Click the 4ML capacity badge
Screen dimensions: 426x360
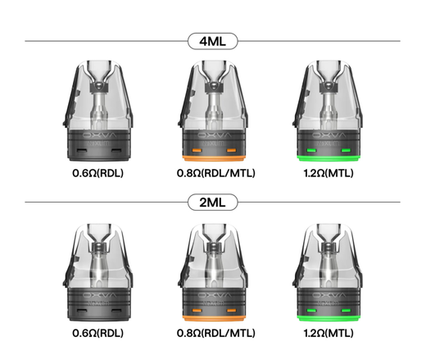click(213, 41)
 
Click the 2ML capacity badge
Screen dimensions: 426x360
click(213, 203)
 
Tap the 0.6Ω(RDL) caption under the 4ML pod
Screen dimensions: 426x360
click(98, 173)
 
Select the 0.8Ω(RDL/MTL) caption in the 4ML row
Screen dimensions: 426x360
click(216, 173)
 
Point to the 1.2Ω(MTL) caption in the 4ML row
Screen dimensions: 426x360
click(329, 173)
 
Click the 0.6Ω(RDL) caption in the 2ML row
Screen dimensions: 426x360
click(98, 333)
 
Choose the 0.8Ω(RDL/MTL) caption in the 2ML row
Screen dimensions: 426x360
click(216, 333)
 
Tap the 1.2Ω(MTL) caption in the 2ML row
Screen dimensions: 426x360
click(329, 333)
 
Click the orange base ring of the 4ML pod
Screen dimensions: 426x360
click(215, 158)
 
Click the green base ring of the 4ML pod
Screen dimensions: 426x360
click(329, 158)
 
